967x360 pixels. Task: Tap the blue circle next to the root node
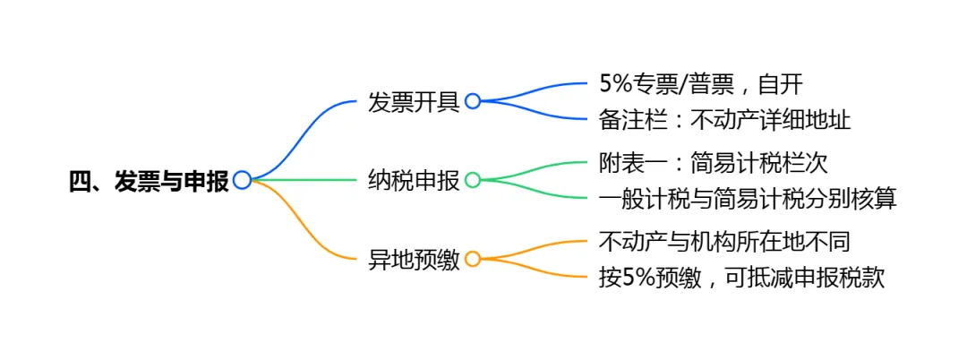[x=242, y=181]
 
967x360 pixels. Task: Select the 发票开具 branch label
[x=414, y=101]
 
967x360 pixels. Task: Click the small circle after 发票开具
[x=473, y=101]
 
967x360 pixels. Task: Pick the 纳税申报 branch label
[x=414, y=180]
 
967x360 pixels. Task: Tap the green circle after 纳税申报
[x=473, y=180]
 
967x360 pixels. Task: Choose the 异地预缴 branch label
[x=414, y=260]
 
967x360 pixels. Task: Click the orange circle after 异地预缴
[x=473, y=260]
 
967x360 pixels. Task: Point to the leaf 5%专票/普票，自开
[x=701, y=84]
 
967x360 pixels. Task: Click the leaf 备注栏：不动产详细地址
[x=724, y=119]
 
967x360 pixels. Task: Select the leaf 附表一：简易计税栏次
[x=713, y=163]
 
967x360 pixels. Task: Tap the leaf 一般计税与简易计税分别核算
[x=748, y=198]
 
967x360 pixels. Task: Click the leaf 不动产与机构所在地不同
[x=723, y=242]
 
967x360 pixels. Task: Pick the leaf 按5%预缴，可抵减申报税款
[x=741, y=277]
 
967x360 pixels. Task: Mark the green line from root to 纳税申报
[x=304, y=180]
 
